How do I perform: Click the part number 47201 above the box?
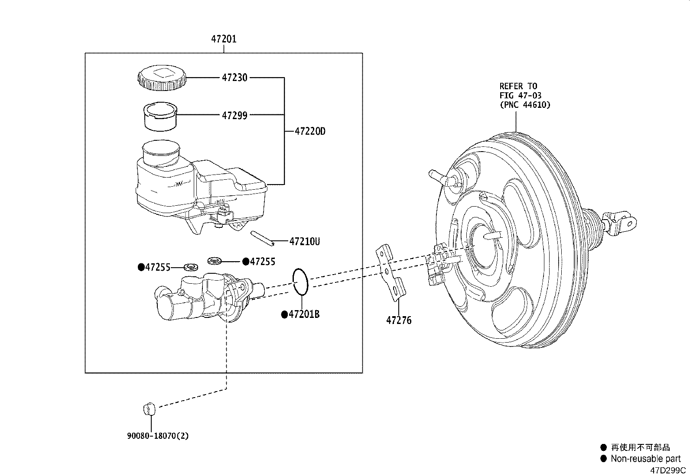tap(224, 39)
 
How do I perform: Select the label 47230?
tap(234, 78)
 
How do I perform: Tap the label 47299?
tap(234, 116)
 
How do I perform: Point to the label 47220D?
tap(310, 132)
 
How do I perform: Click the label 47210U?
tap(304, 242)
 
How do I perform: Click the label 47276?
tap(399, 321)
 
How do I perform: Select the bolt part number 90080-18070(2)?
tap(158, 436)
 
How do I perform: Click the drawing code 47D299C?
tap(668, 471)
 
